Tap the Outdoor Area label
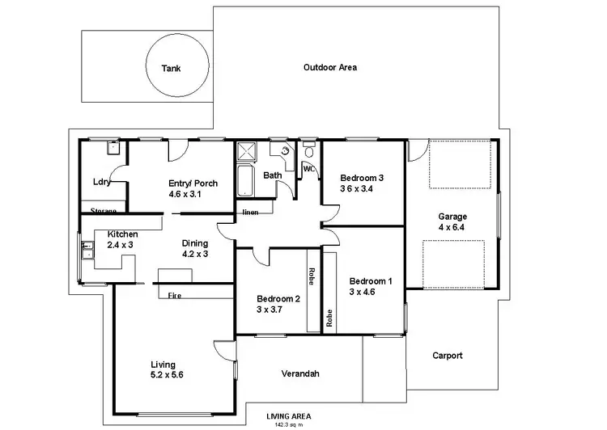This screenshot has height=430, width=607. coord(329,68)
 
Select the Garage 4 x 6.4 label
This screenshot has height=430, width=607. coord(453,221)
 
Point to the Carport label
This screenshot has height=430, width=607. coord(447,355)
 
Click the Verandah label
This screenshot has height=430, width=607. coord(300,373)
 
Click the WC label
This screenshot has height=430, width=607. coord(308,169)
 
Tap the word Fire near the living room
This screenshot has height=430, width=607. coord(174,296)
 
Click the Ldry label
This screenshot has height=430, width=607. coord(101,183)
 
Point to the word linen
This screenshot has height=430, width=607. coord(250,213)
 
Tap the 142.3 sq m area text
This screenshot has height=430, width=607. coord(287,424)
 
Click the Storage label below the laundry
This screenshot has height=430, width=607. coord(104,211)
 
